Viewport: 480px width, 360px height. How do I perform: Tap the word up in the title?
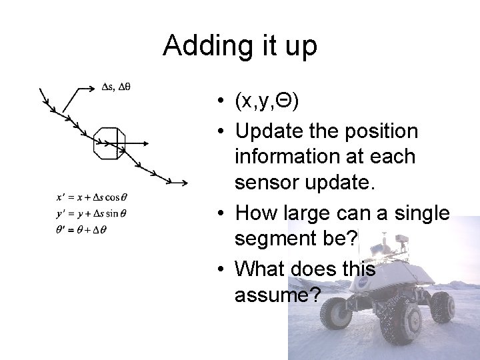tap(301, 46)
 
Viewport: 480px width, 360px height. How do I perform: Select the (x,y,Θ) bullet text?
tap(267, 101)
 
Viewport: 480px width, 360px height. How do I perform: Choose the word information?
tap(287, 157)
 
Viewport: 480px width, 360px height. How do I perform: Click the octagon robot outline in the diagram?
tap(109, 142)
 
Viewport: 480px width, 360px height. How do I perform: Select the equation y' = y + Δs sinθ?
tap(92, 213)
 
